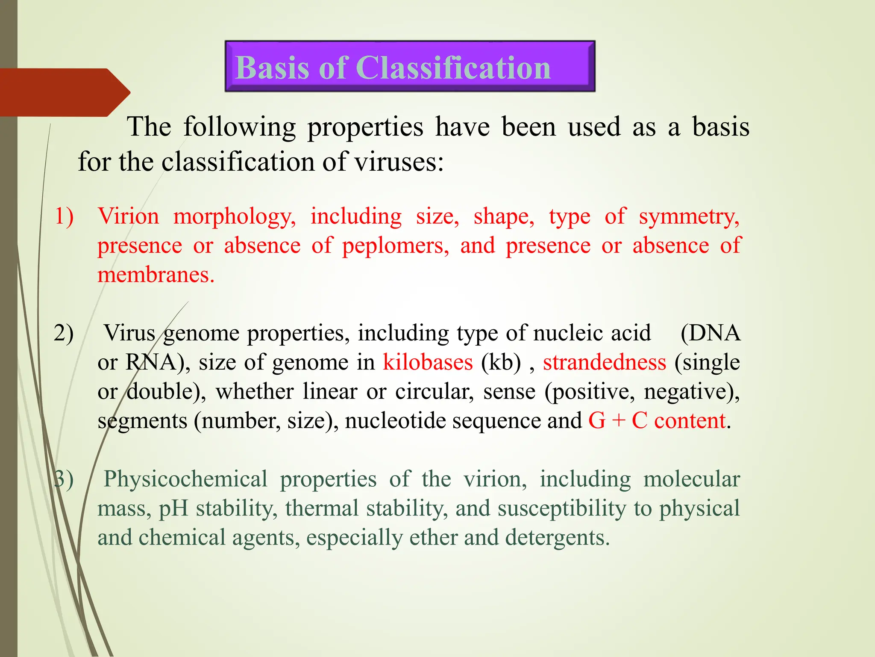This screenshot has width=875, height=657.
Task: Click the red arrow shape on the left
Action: pos(64,92)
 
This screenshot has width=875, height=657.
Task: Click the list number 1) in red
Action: pos(64,216)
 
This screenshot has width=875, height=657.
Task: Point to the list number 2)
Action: pos(64,333)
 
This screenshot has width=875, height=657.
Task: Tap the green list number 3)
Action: pos(64,479)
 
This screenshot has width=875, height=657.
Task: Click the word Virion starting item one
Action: pos(128,216)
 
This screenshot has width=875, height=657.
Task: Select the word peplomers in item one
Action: pos(395,246)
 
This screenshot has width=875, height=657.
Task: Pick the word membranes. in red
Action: pos(156,275)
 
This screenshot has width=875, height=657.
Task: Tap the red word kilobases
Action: pos(428,362)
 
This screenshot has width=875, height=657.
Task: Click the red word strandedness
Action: pos(604,362)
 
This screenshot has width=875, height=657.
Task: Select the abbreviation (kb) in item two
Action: pos(501,362)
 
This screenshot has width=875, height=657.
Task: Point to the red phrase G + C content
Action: pos(657,420)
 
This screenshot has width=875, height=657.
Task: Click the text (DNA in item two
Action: pos(710,333)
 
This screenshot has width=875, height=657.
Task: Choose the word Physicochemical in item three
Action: pos(185,479)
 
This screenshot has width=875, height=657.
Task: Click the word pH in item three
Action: pos(173,508)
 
